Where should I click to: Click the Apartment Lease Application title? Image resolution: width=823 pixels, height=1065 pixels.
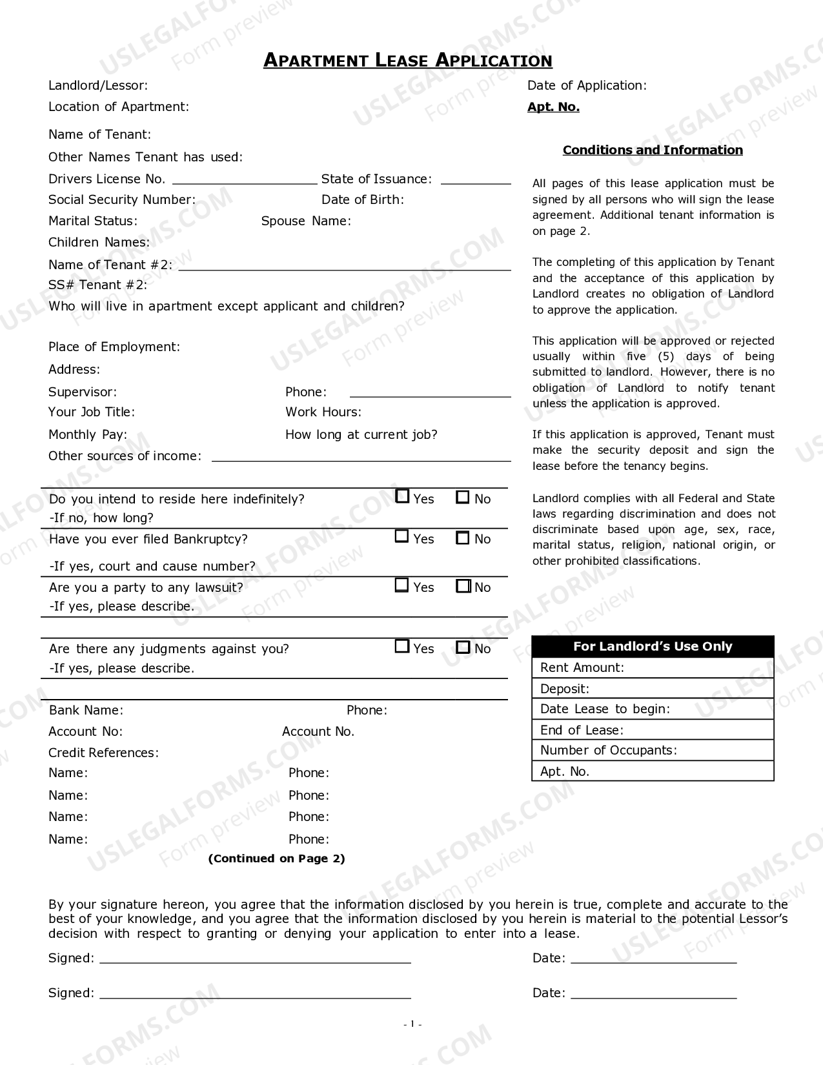point(407,61)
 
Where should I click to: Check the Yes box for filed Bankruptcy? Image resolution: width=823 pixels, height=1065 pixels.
point(402,536)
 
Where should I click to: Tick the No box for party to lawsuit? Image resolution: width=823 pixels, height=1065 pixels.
point(463,586)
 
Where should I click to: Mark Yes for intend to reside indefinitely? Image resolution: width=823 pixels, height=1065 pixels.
point(402,496)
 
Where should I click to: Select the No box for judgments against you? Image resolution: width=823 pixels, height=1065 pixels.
point(463,647)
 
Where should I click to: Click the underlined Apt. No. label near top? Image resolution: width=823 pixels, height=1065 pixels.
point(553,107)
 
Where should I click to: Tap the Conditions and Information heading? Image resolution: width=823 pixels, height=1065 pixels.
point(653,150)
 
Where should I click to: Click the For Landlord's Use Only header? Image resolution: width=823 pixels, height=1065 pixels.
point(653,647)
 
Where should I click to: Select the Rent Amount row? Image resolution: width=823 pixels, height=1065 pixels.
point(653,668)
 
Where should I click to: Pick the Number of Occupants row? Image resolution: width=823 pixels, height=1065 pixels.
point(653,751)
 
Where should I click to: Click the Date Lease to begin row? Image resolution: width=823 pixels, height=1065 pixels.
point(653,709)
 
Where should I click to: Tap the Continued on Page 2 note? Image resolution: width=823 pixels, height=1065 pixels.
point(276,858)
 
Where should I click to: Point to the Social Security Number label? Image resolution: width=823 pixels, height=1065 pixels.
point(122,200)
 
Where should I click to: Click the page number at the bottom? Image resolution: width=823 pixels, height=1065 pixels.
point(412,1024)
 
